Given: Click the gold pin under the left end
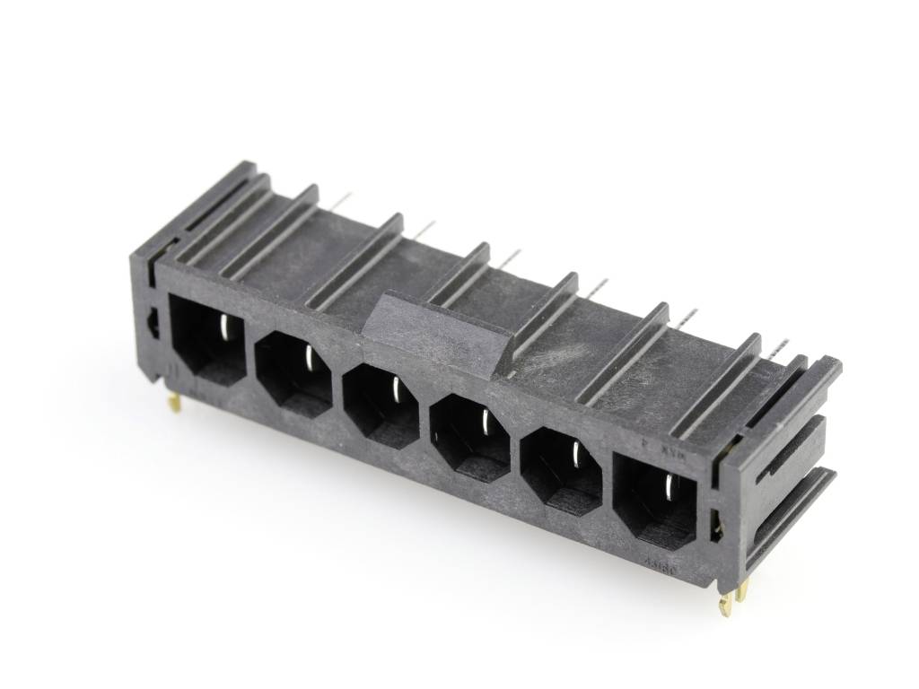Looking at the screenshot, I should click(x=176, y=403).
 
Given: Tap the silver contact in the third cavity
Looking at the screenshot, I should click(x=396, y=389).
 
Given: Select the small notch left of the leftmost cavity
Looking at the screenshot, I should click(x=153, y=324).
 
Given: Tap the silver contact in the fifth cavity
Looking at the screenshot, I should click(x=575, y=457).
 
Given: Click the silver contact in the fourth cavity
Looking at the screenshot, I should click(x=486, y=423).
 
